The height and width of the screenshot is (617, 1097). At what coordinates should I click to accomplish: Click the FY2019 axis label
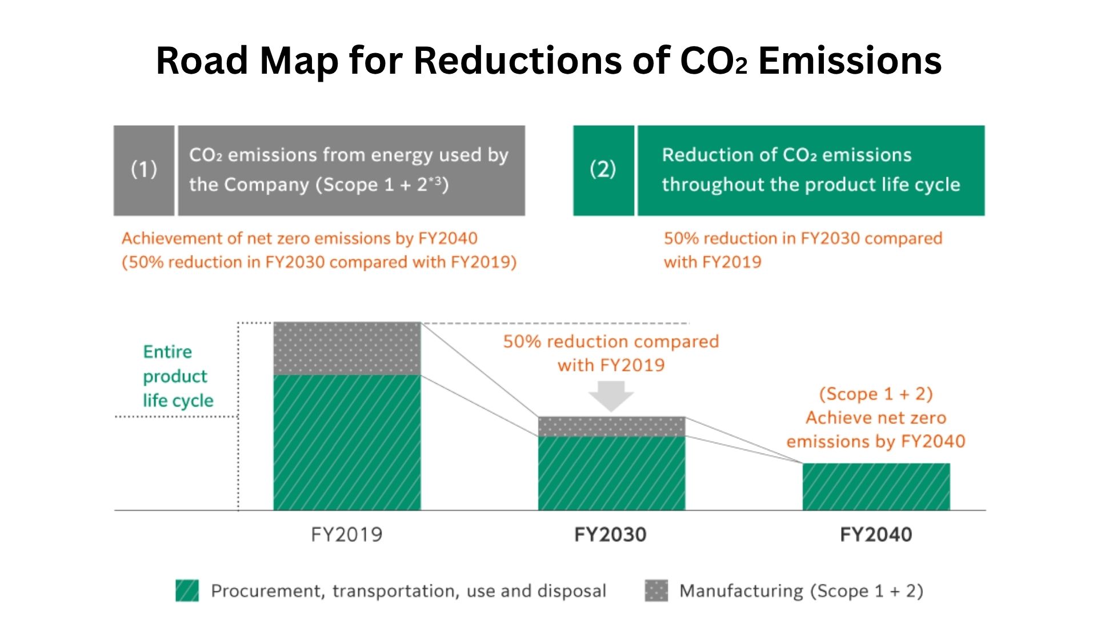coord(346,535)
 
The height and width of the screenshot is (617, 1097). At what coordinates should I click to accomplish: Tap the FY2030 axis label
coord(610,535)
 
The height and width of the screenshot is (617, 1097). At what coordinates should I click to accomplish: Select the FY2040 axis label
coord(876,535)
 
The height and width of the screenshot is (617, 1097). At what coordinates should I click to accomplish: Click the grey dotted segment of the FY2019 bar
coord(347,348)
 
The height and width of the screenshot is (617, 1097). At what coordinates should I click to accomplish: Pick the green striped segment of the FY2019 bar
coord(347,443)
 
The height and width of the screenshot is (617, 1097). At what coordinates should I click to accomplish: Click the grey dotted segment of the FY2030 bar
coord(611,426)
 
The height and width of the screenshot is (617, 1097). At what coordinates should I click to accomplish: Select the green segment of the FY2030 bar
coord(611,473)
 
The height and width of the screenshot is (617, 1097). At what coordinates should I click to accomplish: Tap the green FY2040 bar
coord(876,487)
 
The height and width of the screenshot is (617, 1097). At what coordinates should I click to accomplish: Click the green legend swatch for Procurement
coord(187,591)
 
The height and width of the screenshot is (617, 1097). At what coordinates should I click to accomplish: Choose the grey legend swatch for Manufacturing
coord(656,591)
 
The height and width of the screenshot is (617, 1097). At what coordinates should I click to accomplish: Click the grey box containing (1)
coord(144,170)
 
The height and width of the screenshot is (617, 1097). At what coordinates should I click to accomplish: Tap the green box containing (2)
coord(603,170)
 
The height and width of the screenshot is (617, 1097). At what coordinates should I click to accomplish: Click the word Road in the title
coord(202,61)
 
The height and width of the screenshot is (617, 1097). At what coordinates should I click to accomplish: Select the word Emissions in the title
coord(850,61)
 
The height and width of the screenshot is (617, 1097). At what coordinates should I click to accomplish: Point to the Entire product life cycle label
coord(178,376)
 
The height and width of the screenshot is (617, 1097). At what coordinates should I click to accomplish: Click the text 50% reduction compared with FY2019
coord(611,353)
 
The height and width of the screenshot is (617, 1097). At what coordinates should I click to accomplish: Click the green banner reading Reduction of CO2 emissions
coord(811,170)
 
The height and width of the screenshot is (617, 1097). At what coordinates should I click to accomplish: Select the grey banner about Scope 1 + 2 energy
coord(351,170)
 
